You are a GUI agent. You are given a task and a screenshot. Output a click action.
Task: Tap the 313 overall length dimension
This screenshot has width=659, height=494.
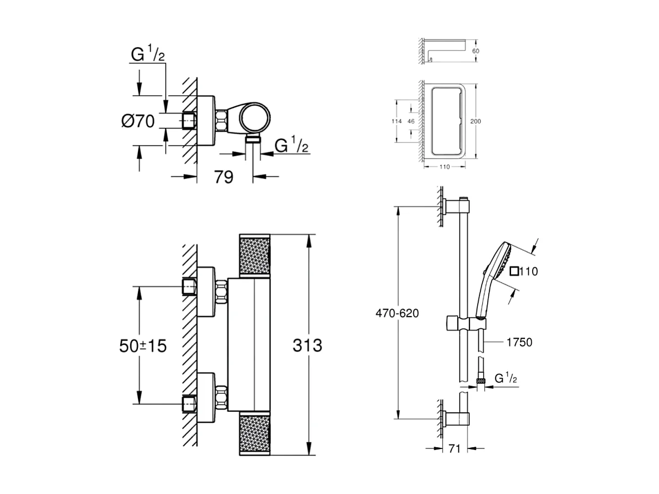[x=307, y=345]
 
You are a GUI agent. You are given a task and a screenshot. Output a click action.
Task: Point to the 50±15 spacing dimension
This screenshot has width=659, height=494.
[x=142, y=345]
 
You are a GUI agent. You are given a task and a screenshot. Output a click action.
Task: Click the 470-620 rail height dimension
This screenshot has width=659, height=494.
[x=397, y=313]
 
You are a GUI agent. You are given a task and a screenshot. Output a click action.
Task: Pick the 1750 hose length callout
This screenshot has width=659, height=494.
[x=519, y=342]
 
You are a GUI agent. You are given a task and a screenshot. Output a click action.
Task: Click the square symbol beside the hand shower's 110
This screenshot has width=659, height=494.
[x=514, y=271]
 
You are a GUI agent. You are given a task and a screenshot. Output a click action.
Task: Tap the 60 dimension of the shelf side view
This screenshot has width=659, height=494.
[x=475, y=51]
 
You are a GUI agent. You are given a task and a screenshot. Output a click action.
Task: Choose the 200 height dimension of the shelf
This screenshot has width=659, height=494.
[x=476, y=121]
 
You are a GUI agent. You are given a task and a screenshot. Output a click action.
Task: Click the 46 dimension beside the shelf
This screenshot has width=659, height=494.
[x=411, y=121]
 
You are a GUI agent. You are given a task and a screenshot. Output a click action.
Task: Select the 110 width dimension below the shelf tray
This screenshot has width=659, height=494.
[x=444, y=166]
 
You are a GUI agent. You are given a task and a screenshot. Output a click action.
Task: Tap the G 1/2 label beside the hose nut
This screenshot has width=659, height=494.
[x=506, y=379]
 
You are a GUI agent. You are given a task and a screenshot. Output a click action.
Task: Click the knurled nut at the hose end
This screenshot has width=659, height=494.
[x=480, y=381]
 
